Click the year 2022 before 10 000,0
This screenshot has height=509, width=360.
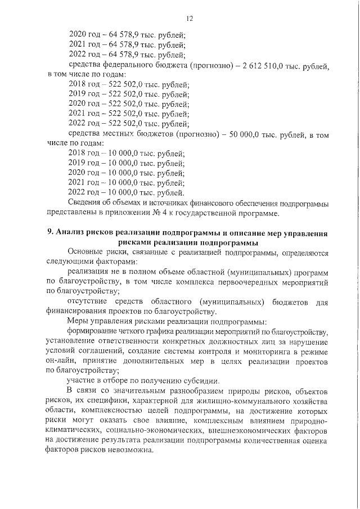(x=78, y=191)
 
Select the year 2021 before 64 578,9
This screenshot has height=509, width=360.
(x=78, y=45)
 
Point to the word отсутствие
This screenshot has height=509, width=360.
(x=89, y=302)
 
